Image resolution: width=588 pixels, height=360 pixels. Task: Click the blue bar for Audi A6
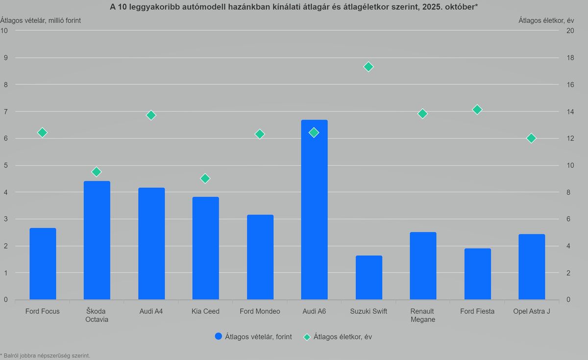314,211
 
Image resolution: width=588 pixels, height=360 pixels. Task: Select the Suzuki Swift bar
368,278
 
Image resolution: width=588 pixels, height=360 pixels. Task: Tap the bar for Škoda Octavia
97,240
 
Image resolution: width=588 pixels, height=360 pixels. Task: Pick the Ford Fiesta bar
477,274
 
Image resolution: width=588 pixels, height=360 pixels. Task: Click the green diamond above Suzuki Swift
368,67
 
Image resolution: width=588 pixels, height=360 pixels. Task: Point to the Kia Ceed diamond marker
205,178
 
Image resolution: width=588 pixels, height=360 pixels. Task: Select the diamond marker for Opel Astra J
531,138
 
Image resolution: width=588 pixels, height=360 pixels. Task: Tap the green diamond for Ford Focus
42,132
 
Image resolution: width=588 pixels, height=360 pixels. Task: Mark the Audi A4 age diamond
151,115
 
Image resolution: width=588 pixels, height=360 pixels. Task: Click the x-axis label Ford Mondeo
260,312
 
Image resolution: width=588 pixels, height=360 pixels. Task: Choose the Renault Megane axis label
423,315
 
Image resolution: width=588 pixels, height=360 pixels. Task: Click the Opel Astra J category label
531,312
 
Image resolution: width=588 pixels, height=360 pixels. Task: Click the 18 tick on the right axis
570,58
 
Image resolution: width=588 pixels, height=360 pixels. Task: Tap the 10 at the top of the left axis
4,30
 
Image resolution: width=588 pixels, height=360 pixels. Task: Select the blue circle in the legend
219,336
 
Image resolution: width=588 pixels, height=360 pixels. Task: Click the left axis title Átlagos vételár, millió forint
41,20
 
